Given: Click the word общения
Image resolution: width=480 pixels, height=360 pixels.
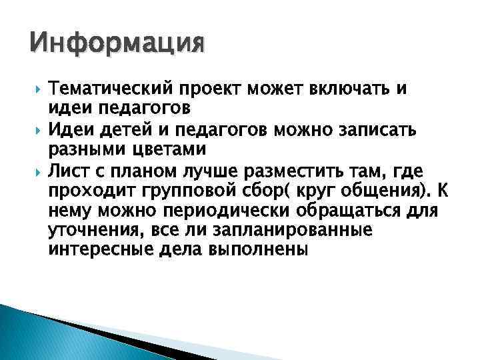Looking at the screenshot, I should (386, 193).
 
